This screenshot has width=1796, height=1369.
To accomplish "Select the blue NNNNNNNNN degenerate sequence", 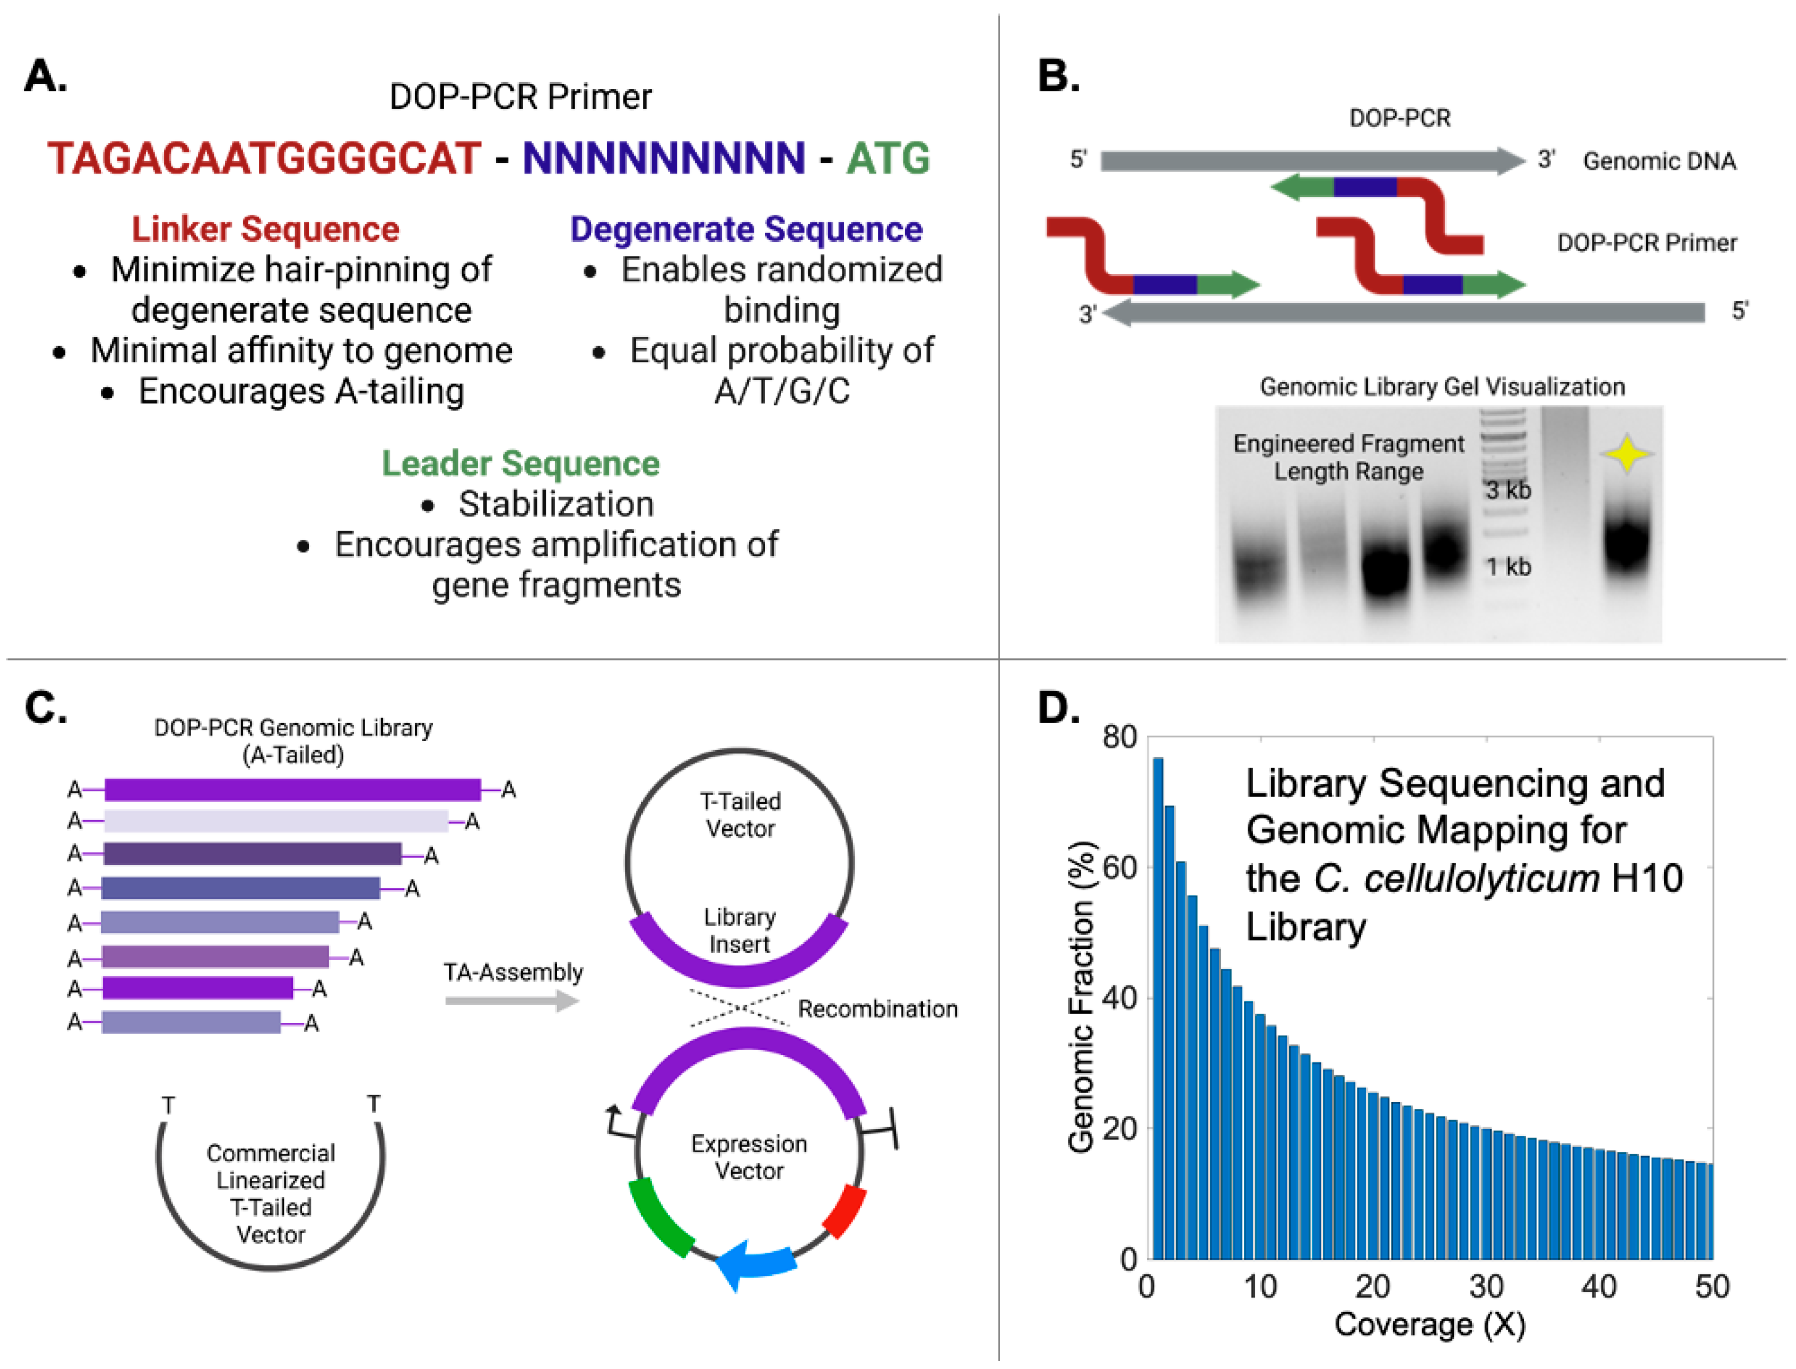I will tap(664, 158).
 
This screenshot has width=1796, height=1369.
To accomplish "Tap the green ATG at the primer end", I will tap(888, 158).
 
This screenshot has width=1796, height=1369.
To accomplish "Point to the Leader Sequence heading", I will tap(521, 464).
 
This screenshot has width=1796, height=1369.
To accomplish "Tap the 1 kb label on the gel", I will tap(1508, 566).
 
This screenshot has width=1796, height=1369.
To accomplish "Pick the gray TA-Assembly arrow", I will tap(511, 1001).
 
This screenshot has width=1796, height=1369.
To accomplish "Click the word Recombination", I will tap(877, 1009).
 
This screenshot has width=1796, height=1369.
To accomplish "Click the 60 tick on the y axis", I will tap(1120, 868).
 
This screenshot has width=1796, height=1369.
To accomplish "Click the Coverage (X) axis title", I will tap(1429, 1324).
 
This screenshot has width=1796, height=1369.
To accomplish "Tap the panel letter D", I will tap(1058, 707).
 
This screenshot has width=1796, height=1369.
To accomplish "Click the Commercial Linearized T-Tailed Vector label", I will tap(270, 1194).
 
